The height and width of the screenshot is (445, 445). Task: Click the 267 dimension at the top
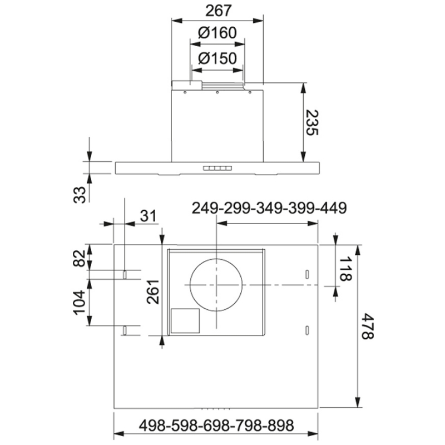pyautogui.click(x=219, y=11)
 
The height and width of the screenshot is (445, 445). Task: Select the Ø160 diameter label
pyautogui.click(x=217, y=33)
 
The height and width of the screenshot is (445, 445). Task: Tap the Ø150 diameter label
pyautogui.click(x=217, y=58)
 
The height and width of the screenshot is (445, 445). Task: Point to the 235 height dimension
pyautogui.click(x=313, y=122)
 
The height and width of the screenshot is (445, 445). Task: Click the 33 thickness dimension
pyautogui.click(x=80, y=195)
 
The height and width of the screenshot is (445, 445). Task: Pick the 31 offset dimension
pyautogui.click(x=148, y=216)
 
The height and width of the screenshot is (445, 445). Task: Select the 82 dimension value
pyautogui.click(x=80, y=258)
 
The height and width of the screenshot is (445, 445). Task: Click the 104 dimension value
pyautogui.click(x=80, y=302)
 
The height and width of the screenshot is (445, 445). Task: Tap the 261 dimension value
pyautogui.click(x=153, y=291)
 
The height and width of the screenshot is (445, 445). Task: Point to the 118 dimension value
pyautogui.click(x=345, y=269)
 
